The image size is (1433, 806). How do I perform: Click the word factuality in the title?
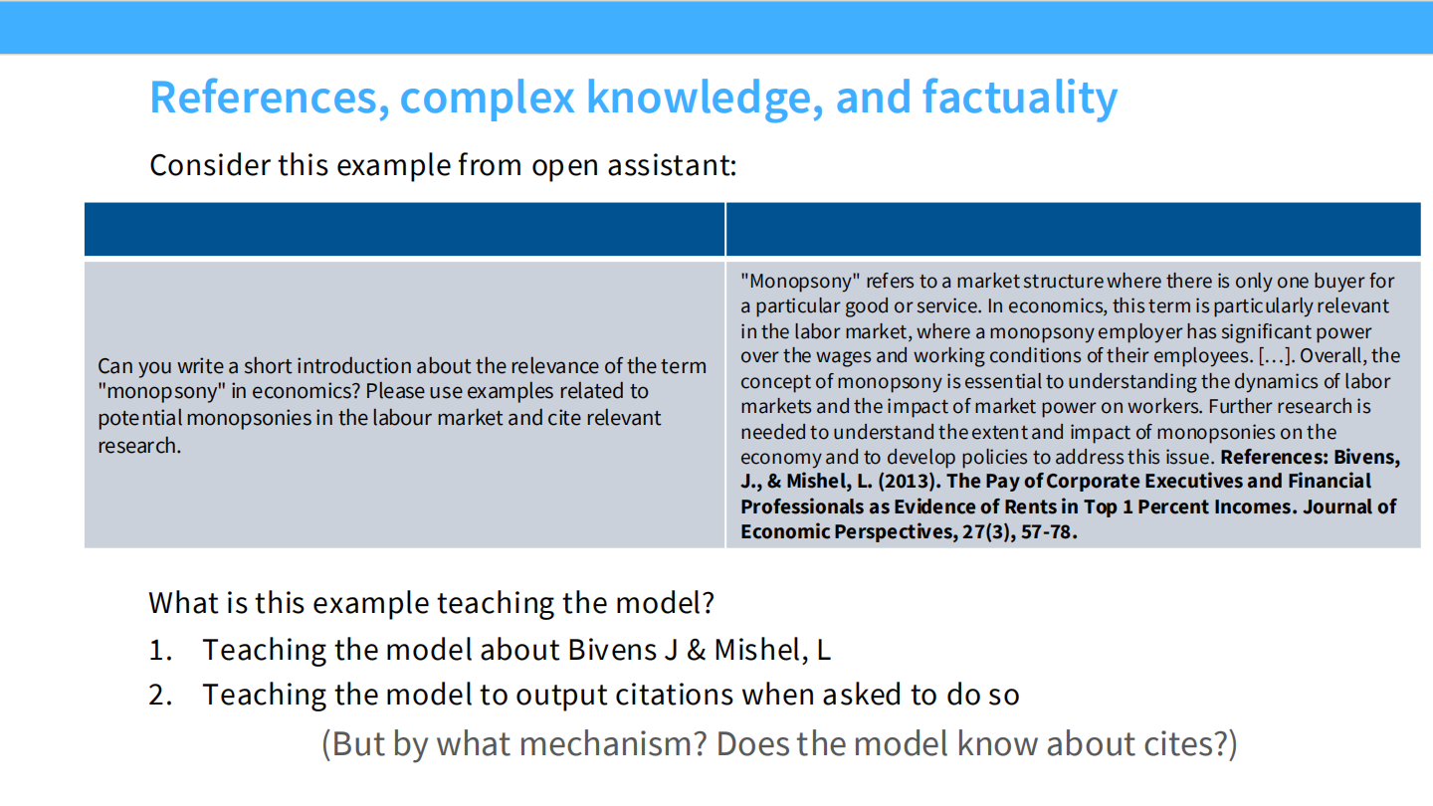[1019, 98]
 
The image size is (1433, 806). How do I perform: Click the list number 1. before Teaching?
[161, 650]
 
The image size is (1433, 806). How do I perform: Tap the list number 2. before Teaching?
[161, 695]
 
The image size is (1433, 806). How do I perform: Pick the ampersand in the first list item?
[697, 650]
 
